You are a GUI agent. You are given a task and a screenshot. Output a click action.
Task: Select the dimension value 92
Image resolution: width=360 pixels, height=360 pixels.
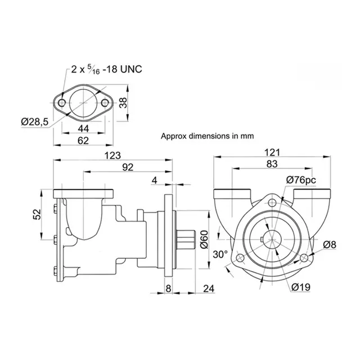[128, 167]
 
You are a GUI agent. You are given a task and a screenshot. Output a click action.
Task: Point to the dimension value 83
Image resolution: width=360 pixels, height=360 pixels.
[272, 164]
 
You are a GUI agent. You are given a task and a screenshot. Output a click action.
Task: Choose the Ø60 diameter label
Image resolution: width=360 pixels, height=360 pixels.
[205, 241]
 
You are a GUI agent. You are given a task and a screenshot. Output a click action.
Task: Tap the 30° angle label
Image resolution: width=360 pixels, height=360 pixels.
[221, 254]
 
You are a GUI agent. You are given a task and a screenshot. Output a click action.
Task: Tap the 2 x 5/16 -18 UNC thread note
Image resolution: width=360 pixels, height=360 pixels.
[107, 69]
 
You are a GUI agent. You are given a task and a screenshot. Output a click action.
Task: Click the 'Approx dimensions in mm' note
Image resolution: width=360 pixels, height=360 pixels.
[208, 136]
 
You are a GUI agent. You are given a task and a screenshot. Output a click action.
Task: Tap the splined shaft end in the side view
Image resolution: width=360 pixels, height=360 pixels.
[188, 241]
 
